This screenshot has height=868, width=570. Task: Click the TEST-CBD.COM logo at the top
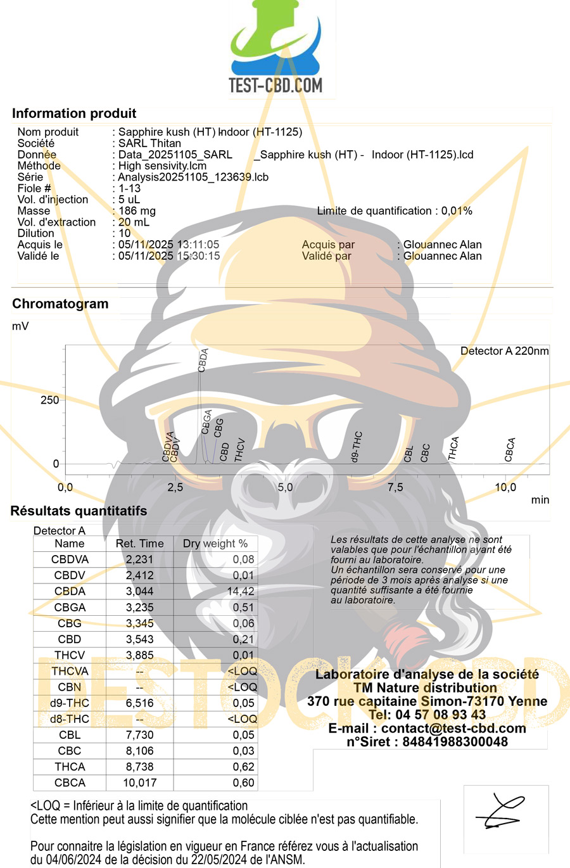tap(275, 48)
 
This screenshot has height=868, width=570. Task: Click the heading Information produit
tap(74, 113)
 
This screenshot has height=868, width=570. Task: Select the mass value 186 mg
tap(137, 211)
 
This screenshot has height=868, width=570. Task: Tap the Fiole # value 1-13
tap(129, 188)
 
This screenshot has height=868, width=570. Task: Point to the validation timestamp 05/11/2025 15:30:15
tap(169, 256)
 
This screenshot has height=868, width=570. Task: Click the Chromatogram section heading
tap(60, 303)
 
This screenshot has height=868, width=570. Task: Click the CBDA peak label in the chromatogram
tap(203, 361)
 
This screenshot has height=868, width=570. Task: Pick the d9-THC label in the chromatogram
tap(356, 447)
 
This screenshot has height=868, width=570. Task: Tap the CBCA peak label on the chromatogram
tap(510, 450)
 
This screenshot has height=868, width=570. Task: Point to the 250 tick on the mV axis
tap(49, 400)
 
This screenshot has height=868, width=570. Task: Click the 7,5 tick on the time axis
tap(395, 487)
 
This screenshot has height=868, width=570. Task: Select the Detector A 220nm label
tap(505, 351)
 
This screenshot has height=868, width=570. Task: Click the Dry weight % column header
tap(215, 543)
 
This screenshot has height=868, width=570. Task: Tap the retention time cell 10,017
tap(140, 782)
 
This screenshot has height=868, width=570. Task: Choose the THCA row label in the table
tap(70, 767)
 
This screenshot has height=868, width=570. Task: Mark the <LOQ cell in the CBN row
tap(242, 687)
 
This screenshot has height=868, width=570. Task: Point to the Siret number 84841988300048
tap(455, 741)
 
